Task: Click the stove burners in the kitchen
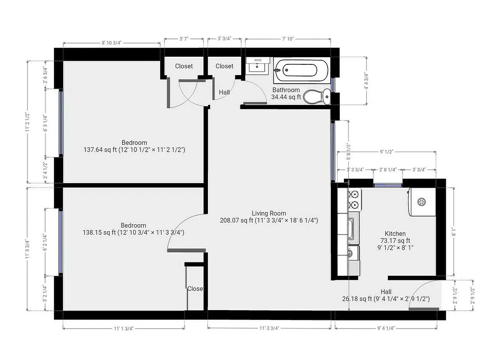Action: tap(354, 198)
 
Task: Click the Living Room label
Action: tap(269, 213)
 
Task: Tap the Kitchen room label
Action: tap(395, 234)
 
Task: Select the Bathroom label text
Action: tap(286, 90)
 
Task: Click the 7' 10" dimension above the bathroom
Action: tap(288, 39)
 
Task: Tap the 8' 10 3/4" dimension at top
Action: tap(111, 43)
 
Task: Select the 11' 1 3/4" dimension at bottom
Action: tap(123, 328)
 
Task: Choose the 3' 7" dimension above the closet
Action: tap(183, 39)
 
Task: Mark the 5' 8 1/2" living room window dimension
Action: tap(348, 152)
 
